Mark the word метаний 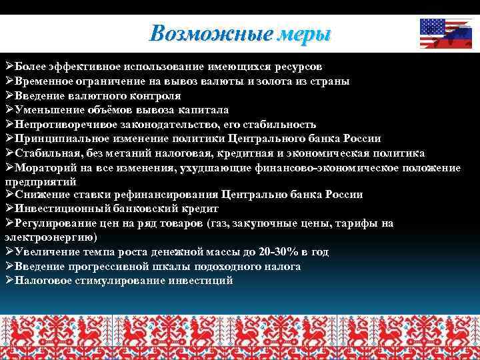131,153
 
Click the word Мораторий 43,167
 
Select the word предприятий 41,181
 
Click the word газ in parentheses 219,223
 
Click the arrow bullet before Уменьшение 9,110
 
